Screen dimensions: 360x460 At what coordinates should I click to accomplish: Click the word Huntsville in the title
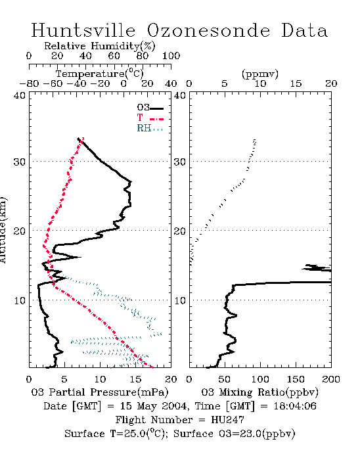coord(83,30)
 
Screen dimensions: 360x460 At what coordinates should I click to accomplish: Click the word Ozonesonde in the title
coord(208,30)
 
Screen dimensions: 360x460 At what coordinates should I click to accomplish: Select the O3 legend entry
coord(150,108)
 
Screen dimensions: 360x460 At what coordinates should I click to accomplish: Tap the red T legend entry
coord(150,118)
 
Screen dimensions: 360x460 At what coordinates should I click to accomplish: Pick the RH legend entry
coord(150,128)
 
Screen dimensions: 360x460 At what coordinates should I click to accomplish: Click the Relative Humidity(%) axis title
coord(100,46)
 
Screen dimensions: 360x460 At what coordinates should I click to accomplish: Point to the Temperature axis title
coord(100,74)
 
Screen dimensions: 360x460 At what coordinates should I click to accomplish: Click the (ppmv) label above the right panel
coord(260,74)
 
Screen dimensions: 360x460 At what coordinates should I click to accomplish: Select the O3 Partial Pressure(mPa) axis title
coord(100,392)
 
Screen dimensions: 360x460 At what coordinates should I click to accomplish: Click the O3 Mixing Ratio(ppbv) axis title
coord(259,392)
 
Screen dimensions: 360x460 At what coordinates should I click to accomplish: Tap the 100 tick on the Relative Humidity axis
coord(171,56)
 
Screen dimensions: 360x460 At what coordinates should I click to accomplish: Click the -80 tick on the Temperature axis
coord(29,84)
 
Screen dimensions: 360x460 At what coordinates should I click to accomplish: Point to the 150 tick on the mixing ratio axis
coord(296,379)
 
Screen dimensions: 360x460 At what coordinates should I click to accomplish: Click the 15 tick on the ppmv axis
coord(296,84)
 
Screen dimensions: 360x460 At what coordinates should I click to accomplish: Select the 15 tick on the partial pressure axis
coord(135,379)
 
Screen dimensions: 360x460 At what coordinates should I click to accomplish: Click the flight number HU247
coord(227,420)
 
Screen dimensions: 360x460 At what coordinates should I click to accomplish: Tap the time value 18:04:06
coord(295,406)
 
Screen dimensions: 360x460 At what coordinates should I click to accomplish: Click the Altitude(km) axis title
coord(3,230)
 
